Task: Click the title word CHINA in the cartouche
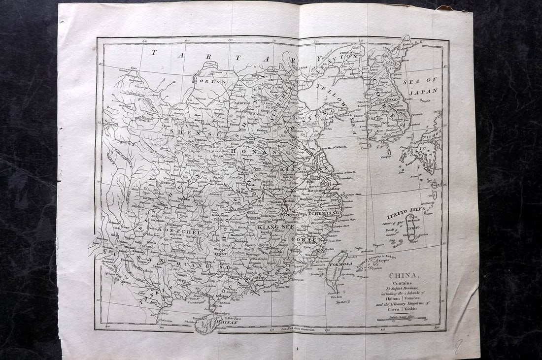pos(404,275)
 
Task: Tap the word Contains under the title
pos(404,283)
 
